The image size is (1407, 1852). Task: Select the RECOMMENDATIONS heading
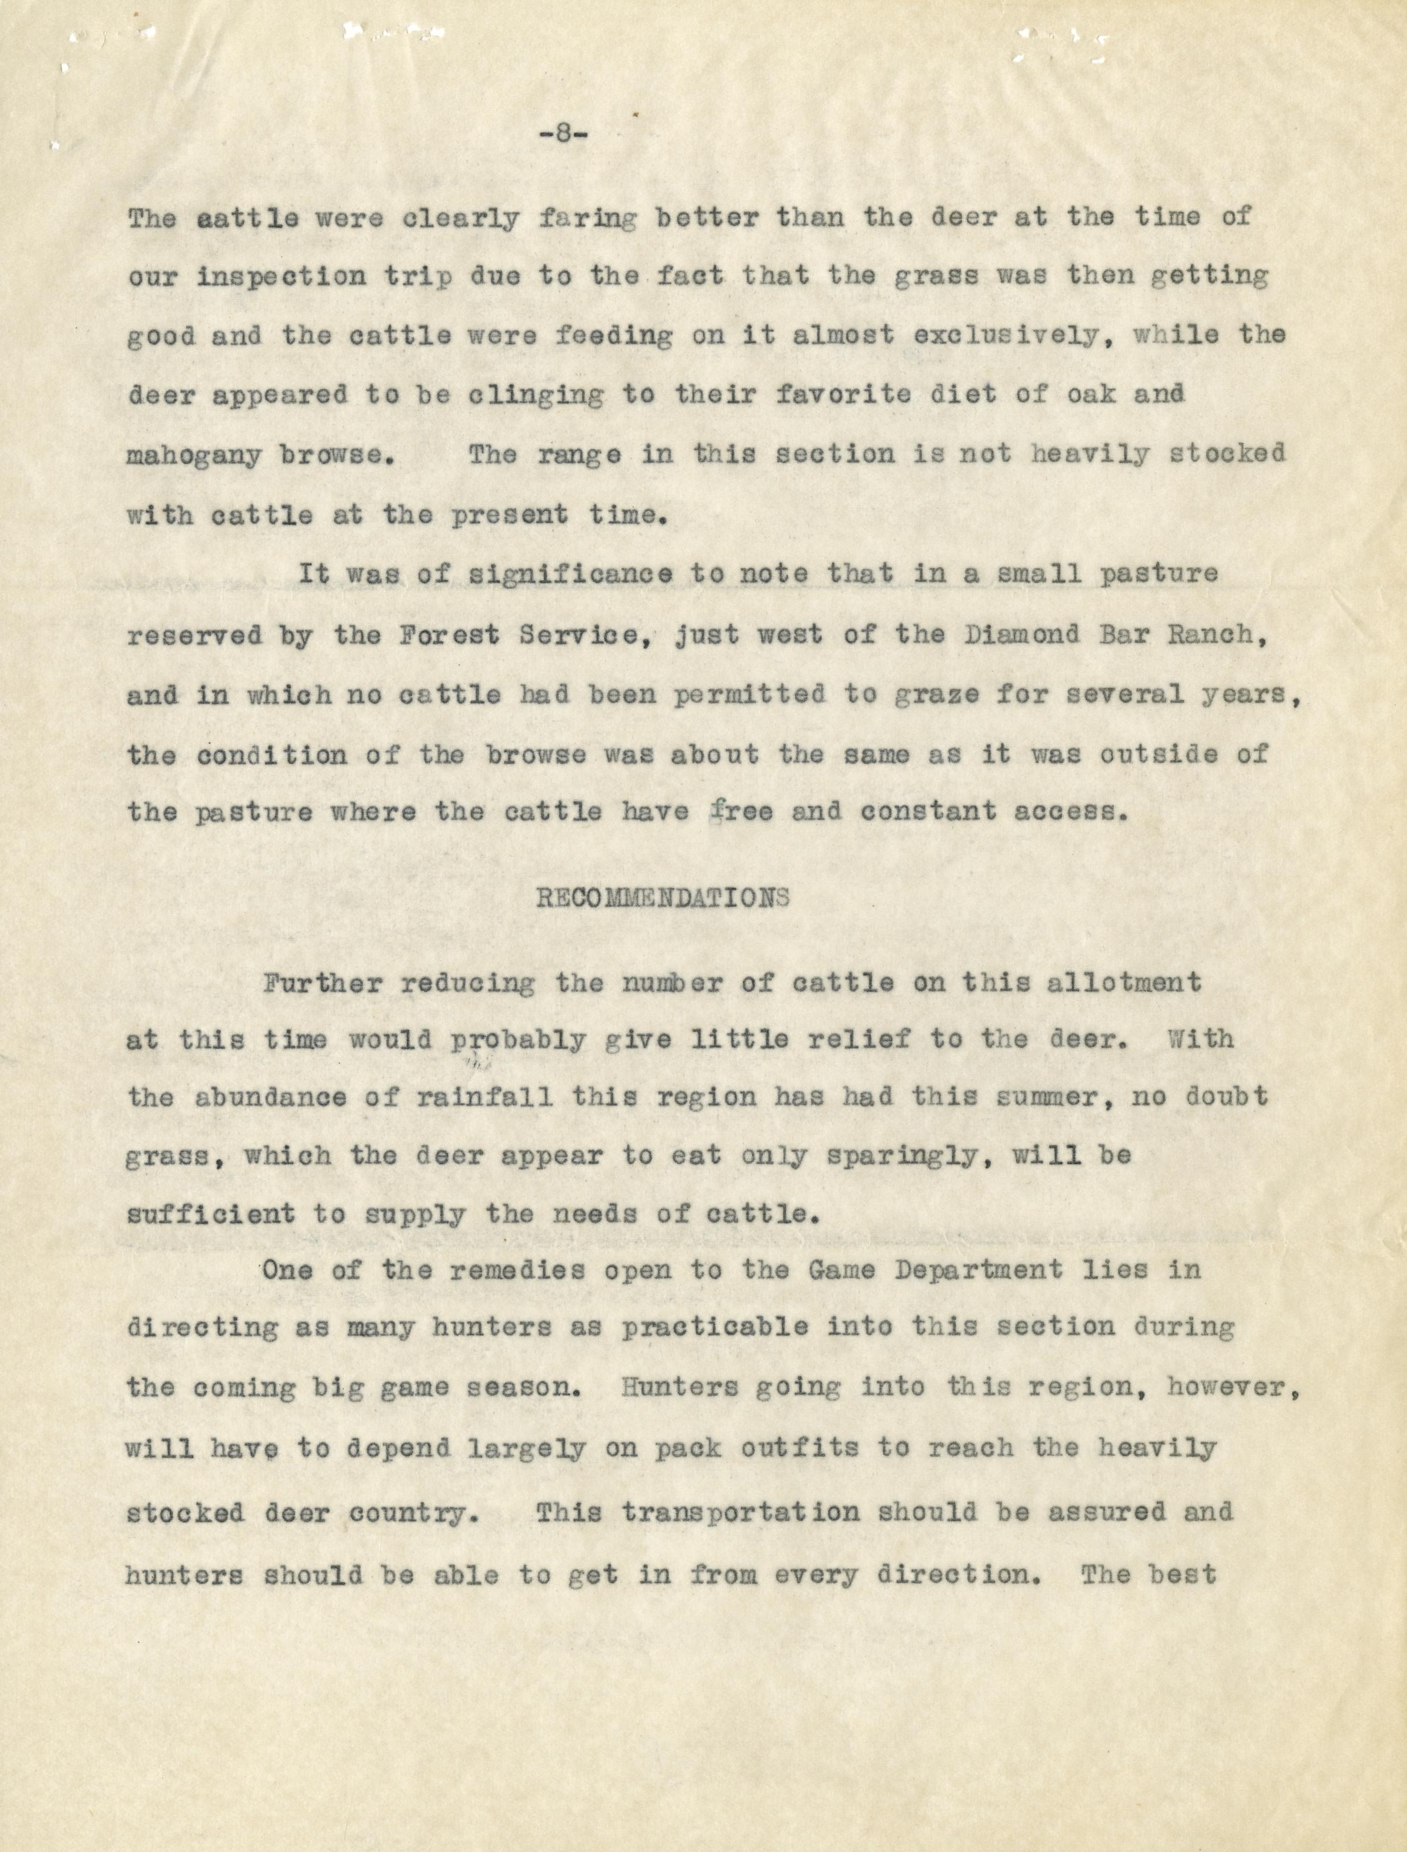click(x=662, y=899)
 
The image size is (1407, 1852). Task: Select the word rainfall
click(x=484, y=1098)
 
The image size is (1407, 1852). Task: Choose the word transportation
click(x=741, y=1513)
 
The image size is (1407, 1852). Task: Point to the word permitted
click(x=749, y=695)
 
